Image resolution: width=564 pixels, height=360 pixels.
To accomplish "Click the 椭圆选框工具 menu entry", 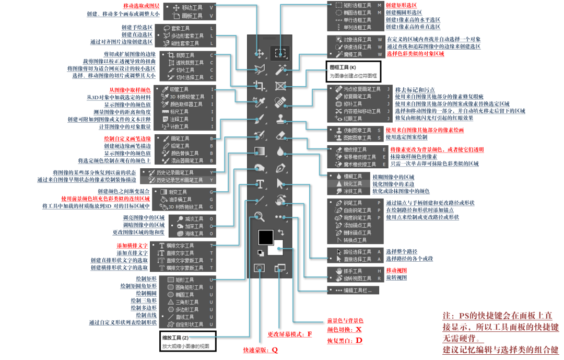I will [x=357, y=12].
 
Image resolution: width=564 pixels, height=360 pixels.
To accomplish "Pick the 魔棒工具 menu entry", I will [x=352, y=54].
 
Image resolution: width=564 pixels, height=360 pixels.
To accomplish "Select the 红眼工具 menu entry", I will [x=353, y=119].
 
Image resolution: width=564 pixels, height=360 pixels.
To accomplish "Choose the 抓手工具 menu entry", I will [x=353, y=271].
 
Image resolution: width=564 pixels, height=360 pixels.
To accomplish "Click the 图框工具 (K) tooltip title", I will [x=342, y=67].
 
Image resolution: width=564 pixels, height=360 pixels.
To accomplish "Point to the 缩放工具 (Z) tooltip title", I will [x=174, y=338].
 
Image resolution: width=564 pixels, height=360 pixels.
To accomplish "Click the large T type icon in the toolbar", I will [x=260, y=184].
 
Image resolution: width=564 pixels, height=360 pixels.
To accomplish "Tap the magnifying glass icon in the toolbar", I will [x=259, y=216].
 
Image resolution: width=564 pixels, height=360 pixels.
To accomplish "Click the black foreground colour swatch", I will [x=265, y=236].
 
